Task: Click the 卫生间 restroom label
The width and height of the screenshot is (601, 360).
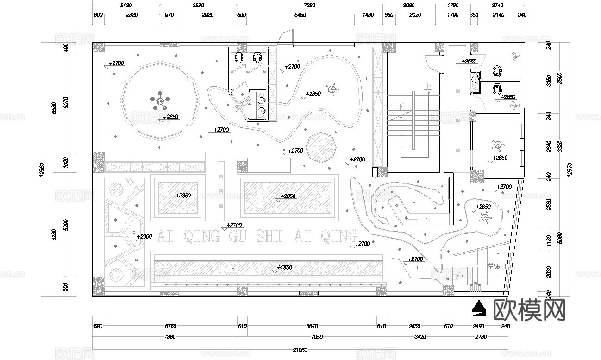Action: (x=243, y=103)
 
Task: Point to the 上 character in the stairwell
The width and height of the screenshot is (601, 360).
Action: (x=428, y=86)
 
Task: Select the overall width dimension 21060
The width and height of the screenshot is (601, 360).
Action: (x=300, y=349)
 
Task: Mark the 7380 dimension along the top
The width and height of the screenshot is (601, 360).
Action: (x=309, y=6)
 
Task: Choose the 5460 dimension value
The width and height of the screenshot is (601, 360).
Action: (x=300, y=15)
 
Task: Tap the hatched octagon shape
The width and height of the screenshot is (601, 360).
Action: (x=321, y=147)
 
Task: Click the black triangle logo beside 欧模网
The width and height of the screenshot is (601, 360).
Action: (x=478, y=308)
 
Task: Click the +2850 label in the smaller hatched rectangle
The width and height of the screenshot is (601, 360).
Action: (x=183, y=196)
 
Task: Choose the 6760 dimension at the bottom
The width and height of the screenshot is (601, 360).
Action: (x=170, y=326)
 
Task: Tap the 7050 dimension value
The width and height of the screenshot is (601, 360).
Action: (x=317, y=337)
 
